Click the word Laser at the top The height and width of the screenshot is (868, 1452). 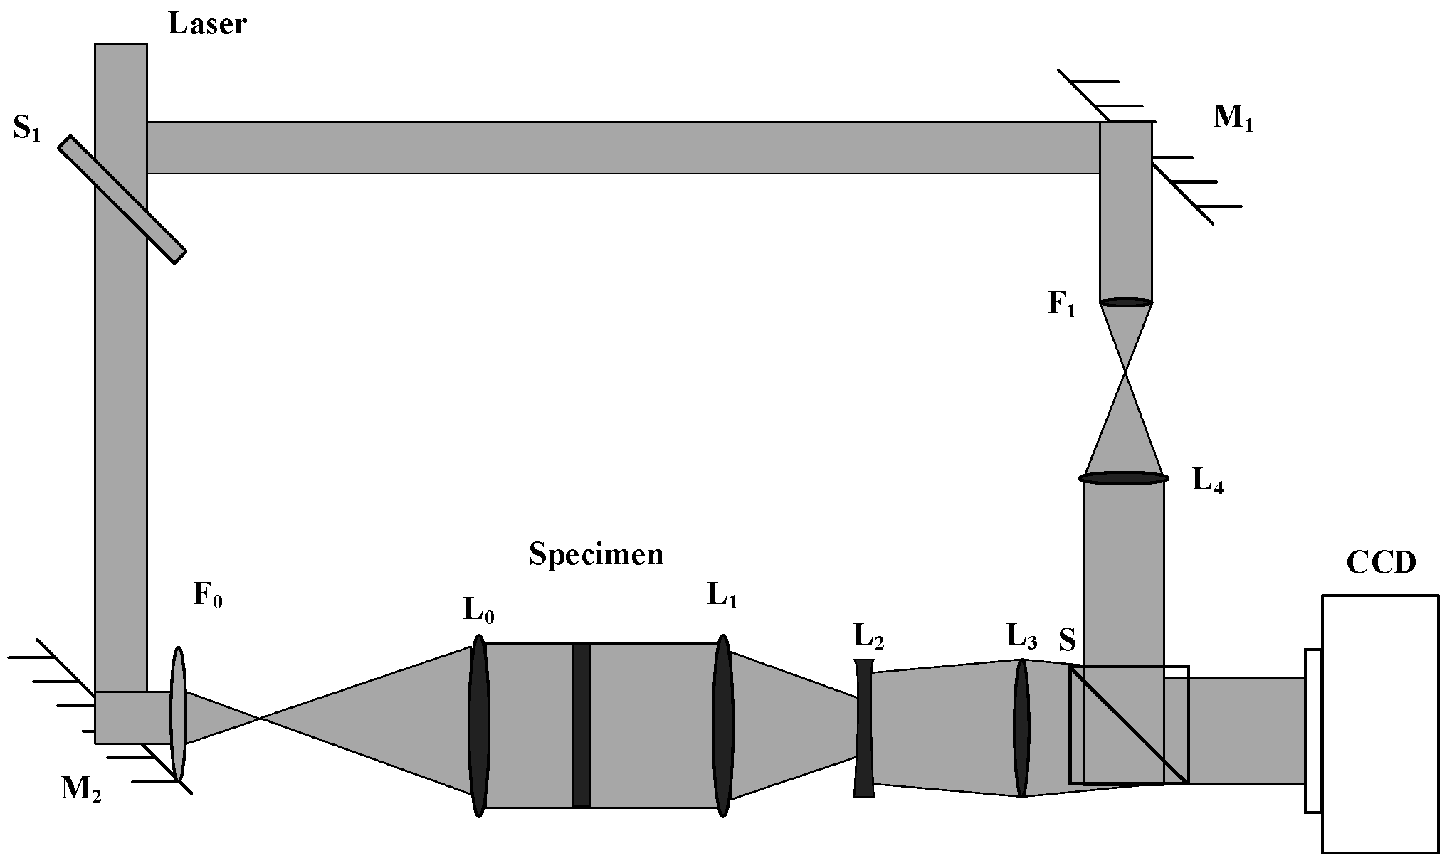coord(207,23)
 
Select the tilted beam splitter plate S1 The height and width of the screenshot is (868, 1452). coord(122,199)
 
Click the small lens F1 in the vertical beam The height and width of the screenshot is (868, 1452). coord(1125,302)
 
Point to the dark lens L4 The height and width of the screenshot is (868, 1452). coord(1124,478)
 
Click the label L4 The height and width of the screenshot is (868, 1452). coord(1208,482)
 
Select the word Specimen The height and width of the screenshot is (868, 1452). coord(596,554)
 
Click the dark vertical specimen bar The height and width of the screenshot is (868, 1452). coord(582,725)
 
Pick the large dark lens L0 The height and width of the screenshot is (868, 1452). coord(478,725)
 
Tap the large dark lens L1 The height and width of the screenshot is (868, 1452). coord(722,725)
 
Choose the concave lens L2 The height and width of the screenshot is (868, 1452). coord(863,728)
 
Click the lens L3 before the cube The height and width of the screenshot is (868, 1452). coord(1021,728)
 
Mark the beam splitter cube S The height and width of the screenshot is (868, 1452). coord(1129,724)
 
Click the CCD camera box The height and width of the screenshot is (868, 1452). coord(1379,723)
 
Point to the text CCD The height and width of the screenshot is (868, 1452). coord(1381,563)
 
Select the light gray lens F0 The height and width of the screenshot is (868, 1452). coord(178,714)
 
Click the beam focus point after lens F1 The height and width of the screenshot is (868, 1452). coord(1125,371)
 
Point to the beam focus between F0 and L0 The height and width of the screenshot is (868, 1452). coord(261,719)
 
